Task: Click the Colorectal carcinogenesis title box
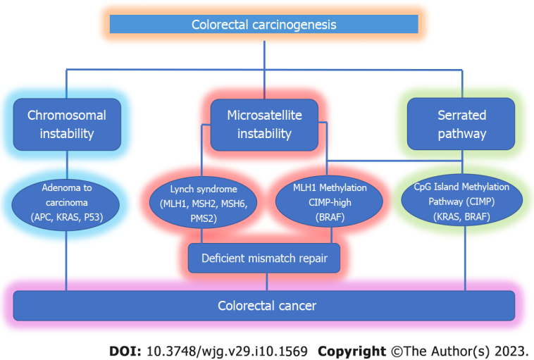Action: [264, 25]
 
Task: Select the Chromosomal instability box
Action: [67, 124]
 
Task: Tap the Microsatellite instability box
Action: [264, 124]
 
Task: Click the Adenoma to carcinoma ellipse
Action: [67, 202]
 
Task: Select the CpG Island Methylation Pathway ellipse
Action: [462, 202]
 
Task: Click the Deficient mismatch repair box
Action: [264, 259]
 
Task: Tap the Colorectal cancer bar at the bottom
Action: [264, 306]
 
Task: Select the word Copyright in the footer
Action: [352, 350]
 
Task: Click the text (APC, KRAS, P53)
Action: [67, 217]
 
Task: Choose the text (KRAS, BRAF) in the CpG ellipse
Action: [462, 217]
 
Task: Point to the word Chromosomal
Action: [67, 116]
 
